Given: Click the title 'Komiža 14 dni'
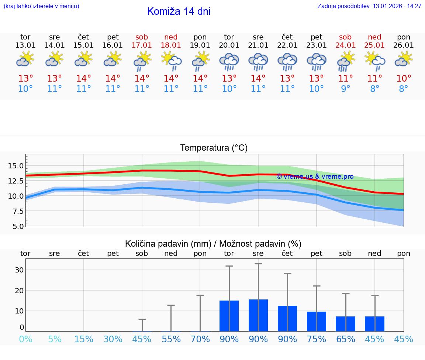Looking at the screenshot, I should point(179,11).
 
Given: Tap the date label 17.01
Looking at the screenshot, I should point(142,45).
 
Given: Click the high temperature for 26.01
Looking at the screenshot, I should point(404,79).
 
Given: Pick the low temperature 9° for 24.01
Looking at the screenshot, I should point(345,89).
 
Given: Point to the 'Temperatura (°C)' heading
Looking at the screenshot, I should point(214,148).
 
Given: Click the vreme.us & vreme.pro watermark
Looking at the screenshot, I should point(315,176).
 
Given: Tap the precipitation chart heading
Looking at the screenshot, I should point(213,244).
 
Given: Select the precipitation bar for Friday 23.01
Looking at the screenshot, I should point(317,321).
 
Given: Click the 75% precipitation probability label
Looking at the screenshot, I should point(317,339).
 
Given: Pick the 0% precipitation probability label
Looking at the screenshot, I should point(25,339).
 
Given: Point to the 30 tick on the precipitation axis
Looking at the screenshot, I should point(19,270).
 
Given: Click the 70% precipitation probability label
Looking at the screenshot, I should point(200,339).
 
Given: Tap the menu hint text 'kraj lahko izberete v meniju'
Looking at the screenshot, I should point(41,6).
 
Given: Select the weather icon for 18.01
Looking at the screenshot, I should point(171,61).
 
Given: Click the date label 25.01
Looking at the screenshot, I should point(374,45).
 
